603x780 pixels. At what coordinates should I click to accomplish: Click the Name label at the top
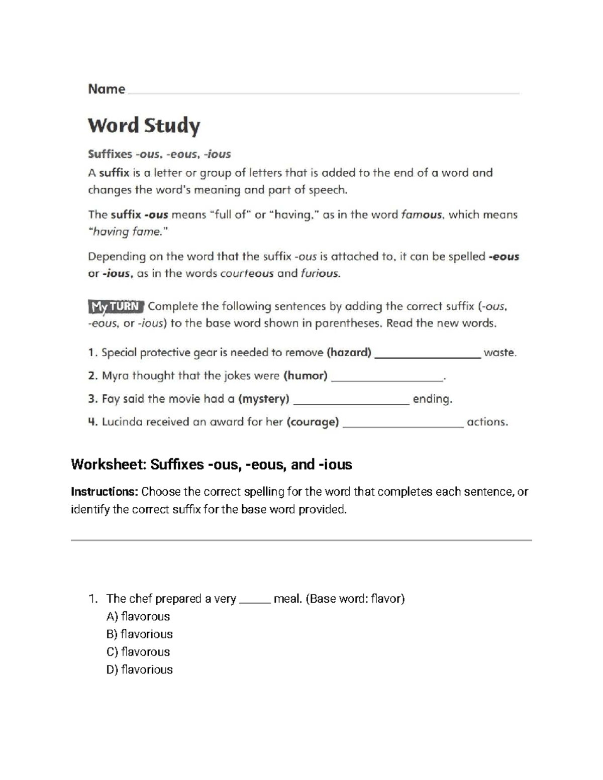107,89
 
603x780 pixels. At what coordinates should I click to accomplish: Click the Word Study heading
144,126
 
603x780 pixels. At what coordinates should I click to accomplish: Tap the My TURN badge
116,306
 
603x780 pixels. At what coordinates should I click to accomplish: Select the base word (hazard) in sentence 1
349,353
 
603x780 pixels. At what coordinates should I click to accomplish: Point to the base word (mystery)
264,399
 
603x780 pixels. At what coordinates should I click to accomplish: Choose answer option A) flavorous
138,616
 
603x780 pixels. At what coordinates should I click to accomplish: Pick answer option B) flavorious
140,634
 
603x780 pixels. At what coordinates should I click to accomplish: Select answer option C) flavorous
138,652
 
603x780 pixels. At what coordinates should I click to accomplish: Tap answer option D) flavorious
140,670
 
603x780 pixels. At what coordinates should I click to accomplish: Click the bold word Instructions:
105,492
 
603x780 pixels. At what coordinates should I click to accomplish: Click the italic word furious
320,274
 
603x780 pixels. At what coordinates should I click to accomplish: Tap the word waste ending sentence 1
499,353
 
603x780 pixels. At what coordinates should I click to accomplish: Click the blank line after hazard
428,356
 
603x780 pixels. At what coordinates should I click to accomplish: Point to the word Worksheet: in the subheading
108,465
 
